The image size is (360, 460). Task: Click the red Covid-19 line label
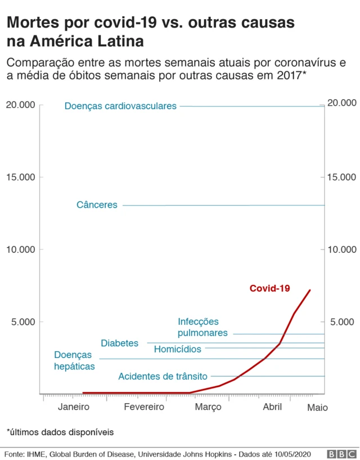[x=269, y=288]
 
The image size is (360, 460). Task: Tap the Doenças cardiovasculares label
[x=120, y=106]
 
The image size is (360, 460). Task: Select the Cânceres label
[x=97, y=205]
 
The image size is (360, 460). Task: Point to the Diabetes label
[x=119, y=343]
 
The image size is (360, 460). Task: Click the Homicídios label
[x=177, y=349]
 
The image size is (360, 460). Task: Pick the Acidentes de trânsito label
[x=163, y=376]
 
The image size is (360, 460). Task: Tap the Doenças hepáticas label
[x=74, y=360]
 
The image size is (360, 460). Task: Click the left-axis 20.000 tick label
[x=20, y=105]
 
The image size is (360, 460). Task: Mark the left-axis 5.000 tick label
[x=22, y=322]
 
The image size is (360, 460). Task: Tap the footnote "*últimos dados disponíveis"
[x=60, y=432]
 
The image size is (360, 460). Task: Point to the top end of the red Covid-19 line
[x=310, y=290]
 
